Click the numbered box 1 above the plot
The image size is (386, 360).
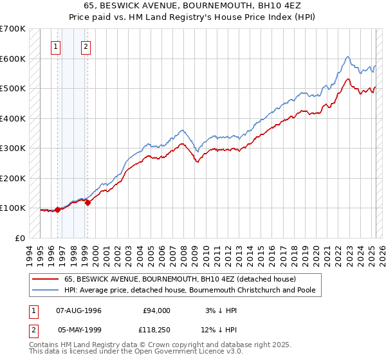[x=56, y=46]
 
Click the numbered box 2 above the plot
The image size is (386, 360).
[x=86, y=46]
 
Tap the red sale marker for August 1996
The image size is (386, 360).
[x=57, y=210]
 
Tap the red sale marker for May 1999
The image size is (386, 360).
[x=87, y=203]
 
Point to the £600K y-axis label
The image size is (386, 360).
[x=13, y=59]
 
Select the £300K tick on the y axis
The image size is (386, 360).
[x=13, y=148]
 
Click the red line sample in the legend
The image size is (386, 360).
[x=44, y=279]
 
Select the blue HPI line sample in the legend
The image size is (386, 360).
[x=44, y=291]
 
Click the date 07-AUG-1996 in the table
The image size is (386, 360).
[x=78, y=310]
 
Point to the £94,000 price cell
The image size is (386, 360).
[x=156, y=310]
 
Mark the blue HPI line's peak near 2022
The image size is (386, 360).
[x=347, y=57]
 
